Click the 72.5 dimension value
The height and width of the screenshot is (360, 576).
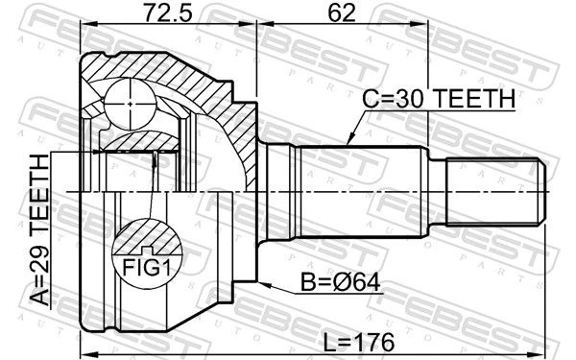[167, 12]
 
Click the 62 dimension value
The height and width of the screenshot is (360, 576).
[342, 12]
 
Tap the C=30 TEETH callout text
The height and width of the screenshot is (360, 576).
[439, 99]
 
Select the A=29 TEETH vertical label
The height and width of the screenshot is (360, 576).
[39, 230]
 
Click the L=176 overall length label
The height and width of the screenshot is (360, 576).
[359, 343]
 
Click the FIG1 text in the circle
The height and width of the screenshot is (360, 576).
[147, 268]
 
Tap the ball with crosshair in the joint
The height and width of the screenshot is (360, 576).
[131, 105]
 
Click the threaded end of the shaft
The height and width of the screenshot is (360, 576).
[495, 191]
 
